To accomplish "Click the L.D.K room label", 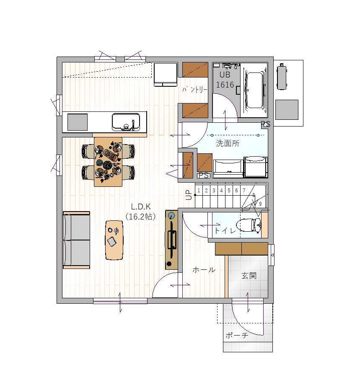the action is click(x=141, y=207).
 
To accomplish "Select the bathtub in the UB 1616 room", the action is click(x=254, y=90).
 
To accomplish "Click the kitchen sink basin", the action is click(x=126, y=121).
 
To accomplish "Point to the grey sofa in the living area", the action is click(x=76, y=240).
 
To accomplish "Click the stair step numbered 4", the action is click(x=221, y=191).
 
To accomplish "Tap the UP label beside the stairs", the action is click(x=189, y=195).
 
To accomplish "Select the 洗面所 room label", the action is click(x=228, y=143).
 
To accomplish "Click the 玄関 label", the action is click(x=249, y=276).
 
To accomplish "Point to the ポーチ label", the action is click(x=237, y=336).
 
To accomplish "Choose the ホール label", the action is click(x=204, y=270).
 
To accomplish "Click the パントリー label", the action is click(x=194, y=90).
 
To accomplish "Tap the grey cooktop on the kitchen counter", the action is click(x=78, y=122).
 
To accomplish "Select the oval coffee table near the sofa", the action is click(x=114, y=240).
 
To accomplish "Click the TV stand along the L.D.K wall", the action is click(x=172, y=240).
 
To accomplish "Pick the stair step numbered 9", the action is click(x=260, y=204).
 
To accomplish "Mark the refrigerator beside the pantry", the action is click(x=166, y=75).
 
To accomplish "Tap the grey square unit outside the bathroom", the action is click(x=287, y=110).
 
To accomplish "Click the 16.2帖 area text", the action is click(x=141, y=217).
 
